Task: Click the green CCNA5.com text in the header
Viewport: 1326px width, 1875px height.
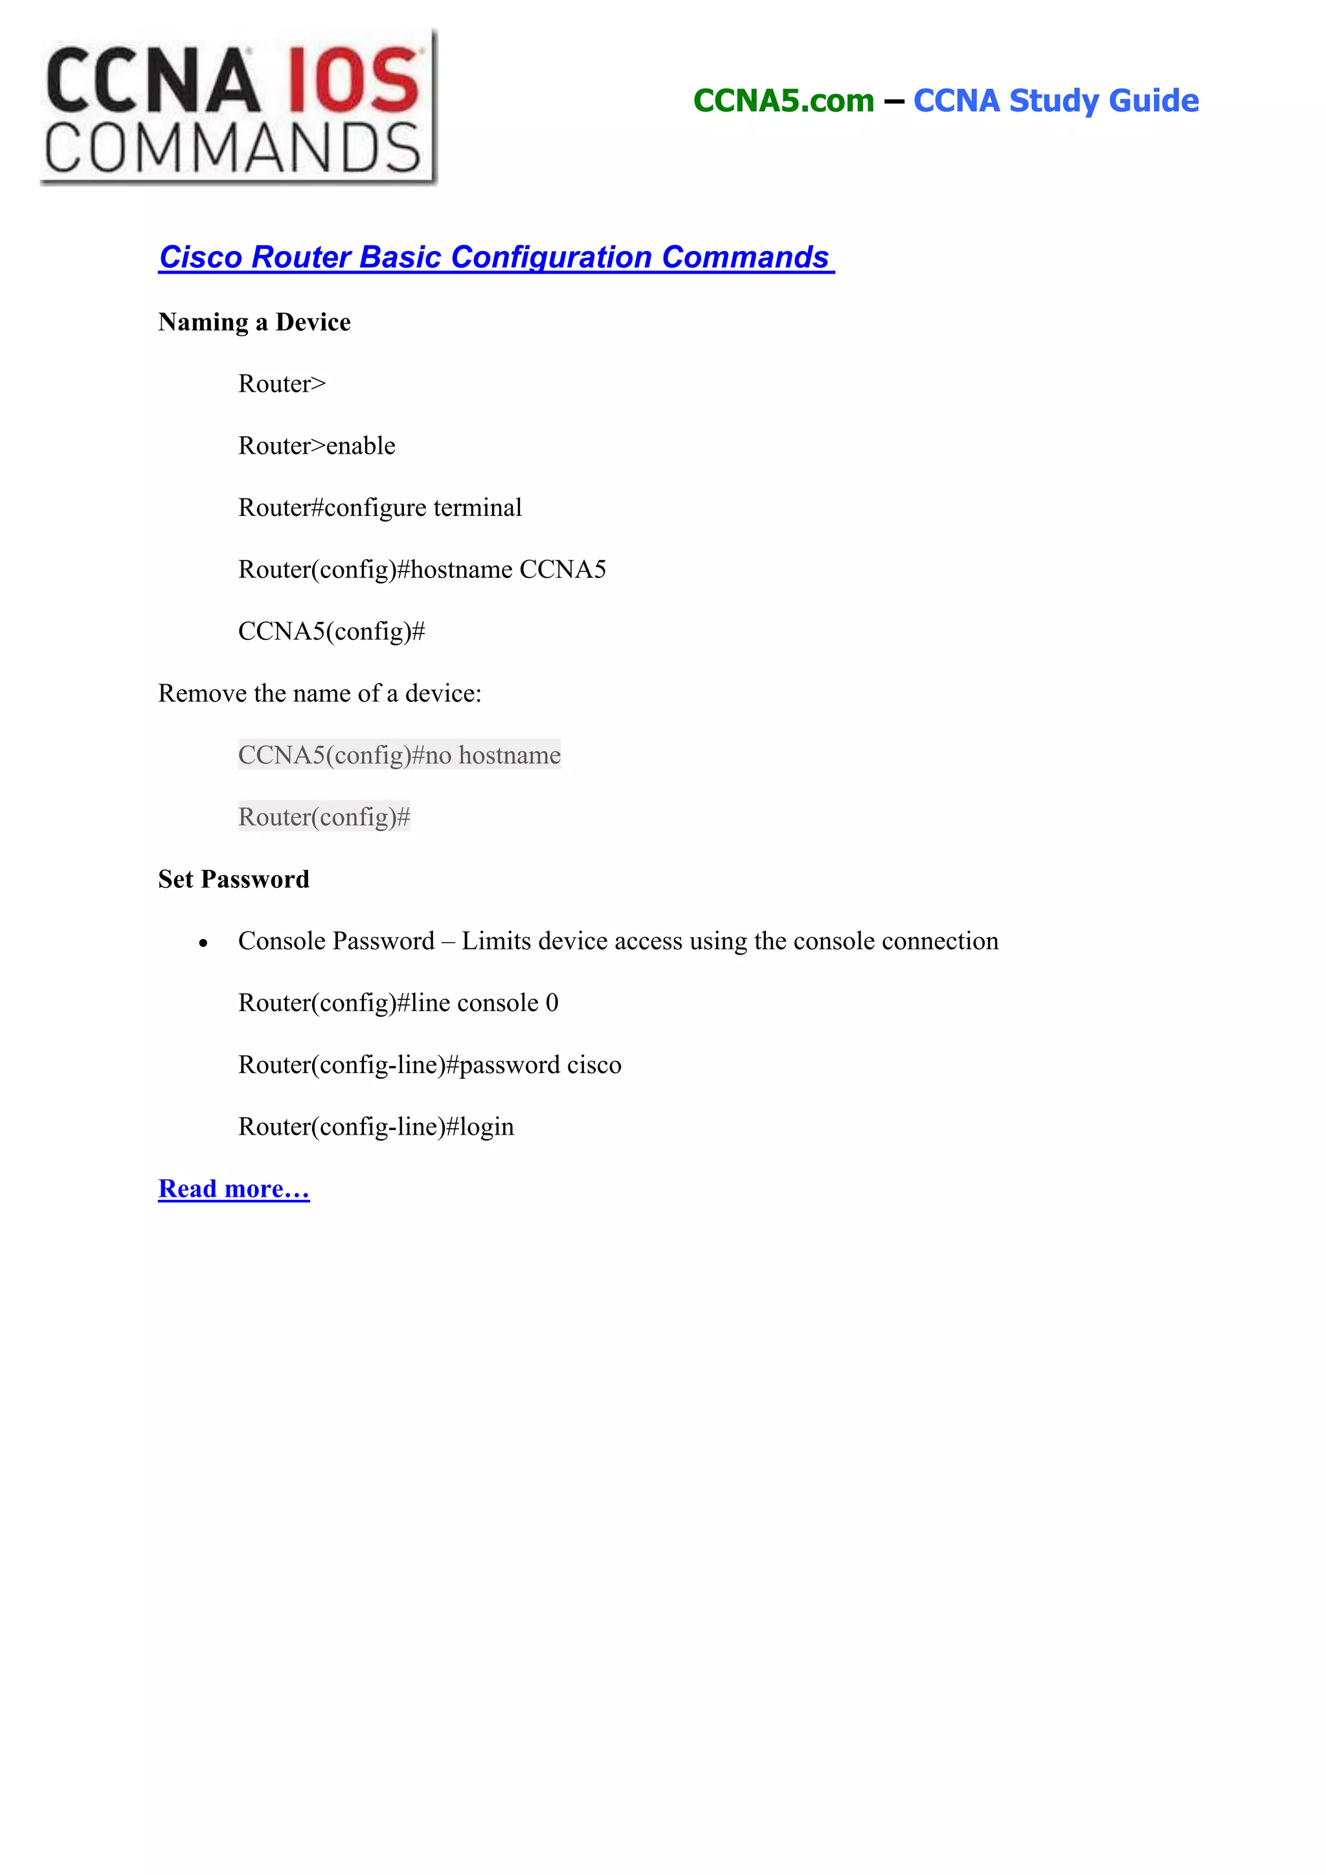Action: tap(783, 100)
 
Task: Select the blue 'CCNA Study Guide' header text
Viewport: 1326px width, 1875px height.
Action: tap(1055, 100)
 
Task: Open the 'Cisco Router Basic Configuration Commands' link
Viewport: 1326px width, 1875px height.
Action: tap(495, 257)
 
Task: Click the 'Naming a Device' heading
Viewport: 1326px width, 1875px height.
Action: tap(254, 322)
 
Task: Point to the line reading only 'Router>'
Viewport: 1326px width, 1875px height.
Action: tap(282, 384)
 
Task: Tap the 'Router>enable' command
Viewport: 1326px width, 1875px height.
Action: tap(316, 446)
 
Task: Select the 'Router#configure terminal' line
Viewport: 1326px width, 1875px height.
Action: tap(379, 508)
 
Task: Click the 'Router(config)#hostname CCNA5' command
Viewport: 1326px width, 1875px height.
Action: tap(421, 569)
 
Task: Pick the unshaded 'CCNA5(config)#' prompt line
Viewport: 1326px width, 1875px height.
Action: tap(331, 631)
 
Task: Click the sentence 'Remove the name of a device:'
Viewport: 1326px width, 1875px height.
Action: tap(319, 693)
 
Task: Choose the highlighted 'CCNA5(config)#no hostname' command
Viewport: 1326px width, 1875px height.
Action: tap(399, 755)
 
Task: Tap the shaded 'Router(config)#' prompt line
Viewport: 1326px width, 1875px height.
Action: tap(324, 817)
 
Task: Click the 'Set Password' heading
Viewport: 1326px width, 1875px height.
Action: tap(234, 879)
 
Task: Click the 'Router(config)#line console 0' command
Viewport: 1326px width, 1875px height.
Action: tap(398, 1003)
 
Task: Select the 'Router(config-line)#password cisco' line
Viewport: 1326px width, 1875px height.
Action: tap(429, 1065)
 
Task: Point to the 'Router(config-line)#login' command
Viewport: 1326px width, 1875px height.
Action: tap(376, 1127)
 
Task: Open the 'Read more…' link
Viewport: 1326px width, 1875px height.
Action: tap(234, 1189)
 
